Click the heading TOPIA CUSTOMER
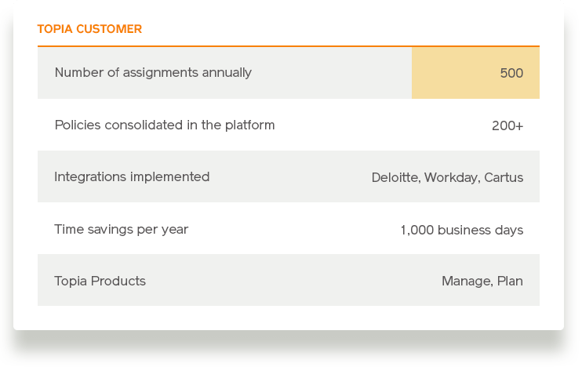[x=89, y=29]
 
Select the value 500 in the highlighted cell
[x=511, y=73]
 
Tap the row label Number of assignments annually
[x=153, y=73]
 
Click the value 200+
[x=507, y=125]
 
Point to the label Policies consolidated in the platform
[x=165, y=125]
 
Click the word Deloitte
[x=396, y=177]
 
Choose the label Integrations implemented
[x=132, y=177]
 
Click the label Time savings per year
[x=121, y=229]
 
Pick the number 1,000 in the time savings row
[x=417, y=230]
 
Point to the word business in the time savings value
[x=464, y=230]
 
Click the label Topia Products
[x=100, y=281]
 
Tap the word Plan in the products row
[x=510, y=281]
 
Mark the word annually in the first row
[x=227, y=73]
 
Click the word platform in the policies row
[x=249, y=125]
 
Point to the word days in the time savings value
[x=509, y=230]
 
